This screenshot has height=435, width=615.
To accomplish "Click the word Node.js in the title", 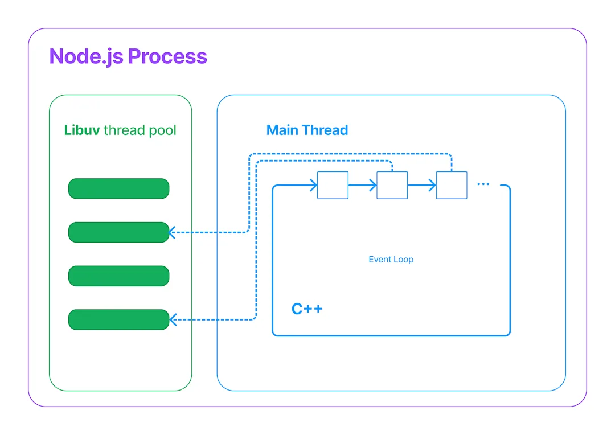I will coord(86,56).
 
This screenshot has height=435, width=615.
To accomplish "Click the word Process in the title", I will coord(167,56).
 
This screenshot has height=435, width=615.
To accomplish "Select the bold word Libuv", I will coord(82,130).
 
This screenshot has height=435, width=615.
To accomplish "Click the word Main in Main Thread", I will coord(283,130).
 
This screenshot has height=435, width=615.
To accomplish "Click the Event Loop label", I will coord(391,260).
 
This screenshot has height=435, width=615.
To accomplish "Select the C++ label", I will coord(307,309).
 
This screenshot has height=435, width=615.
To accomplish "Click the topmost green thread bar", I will coord(118,188).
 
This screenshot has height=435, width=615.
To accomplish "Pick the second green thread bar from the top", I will coord(118,232).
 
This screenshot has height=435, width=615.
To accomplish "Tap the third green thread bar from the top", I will coord(118,276).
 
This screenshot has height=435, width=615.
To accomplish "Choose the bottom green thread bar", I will coord(118,319).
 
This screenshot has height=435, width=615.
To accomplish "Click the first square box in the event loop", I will coord(333,185).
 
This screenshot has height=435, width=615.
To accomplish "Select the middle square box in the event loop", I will coord(392,185).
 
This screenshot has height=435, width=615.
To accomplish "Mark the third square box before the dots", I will coord(452,185).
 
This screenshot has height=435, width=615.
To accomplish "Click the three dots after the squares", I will coord(483,184).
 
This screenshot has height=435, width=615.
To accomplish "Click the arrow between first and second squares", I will coord(362,185).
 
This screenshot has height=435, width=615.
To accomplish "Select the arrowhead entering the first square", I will coord(313,185).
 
